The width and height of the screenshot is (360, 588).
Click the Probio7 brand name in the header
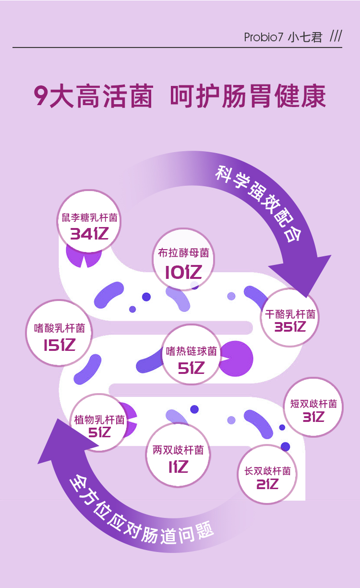pyautogui.click(x=264, y=37)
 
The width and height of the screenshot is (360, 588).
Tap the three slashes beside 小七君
pyautogui.click(x=336, y=36)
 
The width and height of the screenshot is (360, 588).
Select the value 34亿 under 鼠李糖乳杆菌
pyautogui.click(x=89, y=234)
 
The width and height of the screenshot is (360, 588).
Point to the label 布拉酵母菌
pyautogui.click(x=183, y=253)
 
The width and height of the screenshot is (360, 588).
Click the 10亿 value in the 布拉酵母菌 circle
pyautogui.click(x=183, y=273)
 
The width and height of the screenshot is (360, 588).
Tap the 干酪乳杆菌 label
pyautogui.click(x=290, y=314)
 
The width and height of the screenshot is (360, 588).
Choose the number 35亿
pyautogui.click(x=290, y=327)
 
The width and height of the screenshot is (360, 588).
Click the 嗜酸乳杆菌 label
pyautogui.click(x=60, y=328)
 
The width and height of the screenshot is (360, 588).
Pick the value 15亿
pyautogui.click(x=60, y=345)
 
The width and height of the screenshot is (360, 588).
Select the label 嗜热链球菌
pyautogui.click(x=192, y=351)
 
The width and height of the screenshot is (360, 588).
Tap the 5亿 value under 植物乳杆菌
pyautogui.click(x=99, y=432)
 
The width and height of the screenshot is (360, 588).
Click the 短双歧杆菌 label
pyautogui.click(x=313, y=404)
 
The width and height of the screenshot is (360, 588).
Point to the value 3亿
pyautogui.click(x=313, y=418)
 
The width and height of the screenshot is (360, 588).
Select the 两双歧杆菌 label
pyautogui.click(x=178, y=450)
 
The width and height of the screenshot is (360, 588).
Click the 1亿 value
pyautogui.click(x=178, y=467)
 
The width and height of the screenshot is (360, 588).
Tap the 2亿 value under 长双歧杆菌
pyautogui.click(x=267, y=484)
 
